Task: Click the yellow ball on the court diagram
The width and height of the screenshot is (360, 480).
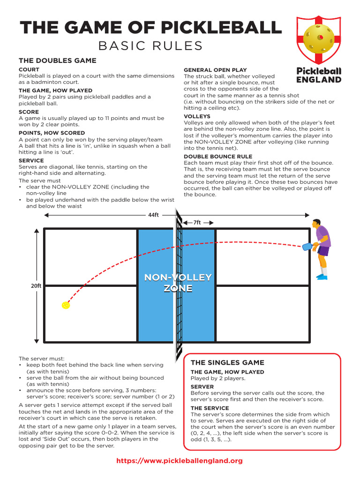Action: (x=66, y=305)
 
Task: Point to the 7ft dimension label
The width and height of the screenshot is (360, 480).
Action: (x=197, y=223)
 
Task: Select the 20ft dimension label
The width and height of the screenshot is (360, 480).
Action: (x=37, y=286)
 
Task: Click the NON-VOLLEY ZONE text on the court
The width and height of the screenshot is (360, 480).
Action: (x=178, y=283)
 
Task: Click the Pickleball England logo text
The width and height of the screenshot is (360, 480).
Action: (x=319, y=75)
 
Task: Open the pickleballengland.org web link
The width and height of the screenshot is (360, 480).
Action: (x=180, y=461)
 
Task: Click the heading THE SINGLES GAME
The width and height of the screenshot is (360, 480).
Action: (x=227, y=362)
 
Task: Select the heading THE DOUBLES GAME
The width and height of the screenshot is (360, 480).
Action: (x=57, y=60)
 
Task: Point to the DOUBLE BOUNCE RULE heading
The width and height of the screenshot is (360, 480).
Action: (x=218, y=156)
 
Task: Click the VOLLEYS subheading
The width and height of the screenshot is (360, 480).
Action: (x=197, y=116)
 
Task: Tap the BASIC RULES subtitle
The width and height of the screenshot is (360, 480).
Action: (x=150, y=45)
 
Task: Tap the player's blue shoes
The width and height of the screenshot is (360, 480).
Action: (x=321, y=277)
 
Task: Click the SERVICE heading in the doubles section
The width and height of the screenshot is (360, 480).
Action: (x=31, y=160)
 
